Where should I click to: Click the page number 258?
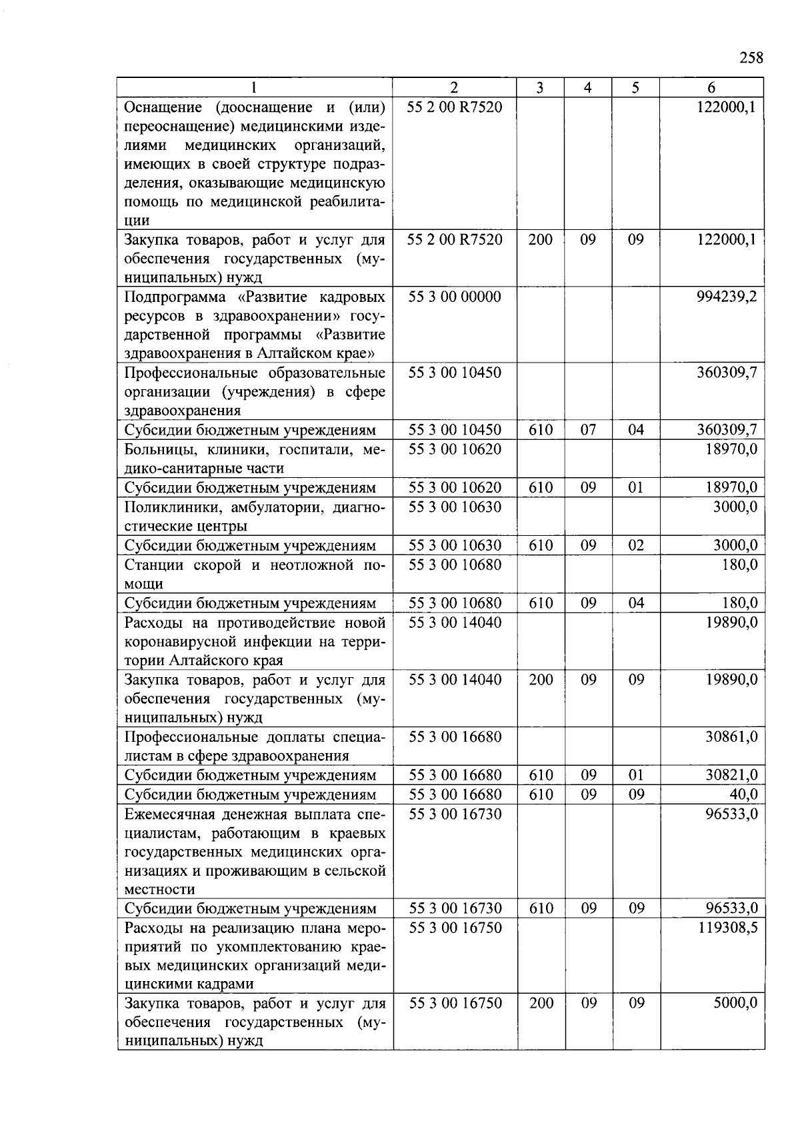point(751,58)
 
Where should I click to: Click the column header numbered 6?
point(711,87)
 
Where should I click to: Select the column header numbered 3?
point(540,87)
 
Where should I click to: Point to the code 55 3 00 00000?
point(455,297)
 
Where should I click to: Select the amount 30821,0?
point(731,775)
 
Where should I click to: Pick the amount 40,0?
point(743,794)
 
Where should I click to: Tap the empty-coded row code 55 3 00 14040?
point(455,622)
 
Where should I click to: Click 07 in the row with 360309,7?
point(588,430)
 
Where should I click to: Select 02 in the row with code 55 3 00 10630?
point(636,546)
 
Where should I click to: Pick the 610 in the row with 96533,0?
point(541,908)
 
